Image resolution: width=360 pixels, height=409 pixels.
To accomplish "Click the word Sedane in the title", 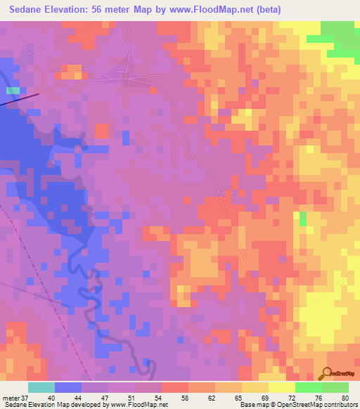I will coord(30,9).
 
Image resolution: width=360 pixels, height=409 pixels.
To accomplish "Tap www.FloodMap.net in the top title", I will coord(225,9).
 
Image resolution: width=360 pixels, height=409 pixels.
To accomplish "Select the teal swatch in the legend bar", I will coord(41,387).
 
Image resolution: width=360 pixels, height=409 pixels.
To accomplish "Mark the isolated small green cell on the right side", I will coord(303,218).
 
